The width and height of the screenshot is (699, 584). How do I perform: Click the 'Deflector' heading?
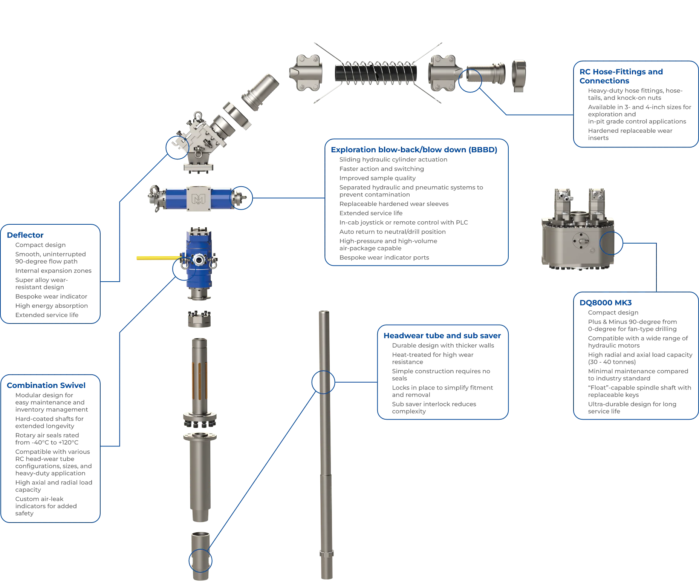(x=25, y=235)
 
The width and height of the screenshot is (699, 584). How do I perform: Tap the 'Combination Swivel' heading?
(x=46, y=385)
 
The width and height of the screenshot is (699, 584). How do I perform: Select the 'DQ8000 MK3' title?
(x=606, y=303)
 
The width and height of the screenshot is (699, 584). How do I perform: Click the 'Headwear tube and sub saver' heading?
(x=442, y=336)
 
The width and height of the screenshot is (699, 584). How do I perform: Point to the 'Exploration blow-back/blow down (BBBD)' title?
(x=414, y=150)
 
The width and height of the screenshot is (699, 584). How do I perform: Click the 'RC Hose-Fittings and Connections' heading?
(x=621, y=76)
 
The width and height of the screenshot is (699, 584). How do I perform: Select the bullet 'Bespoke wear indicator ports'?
(x=384, y=258)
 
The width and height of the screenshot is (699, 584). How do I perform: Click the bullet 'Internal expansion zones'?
(x=53, y=271)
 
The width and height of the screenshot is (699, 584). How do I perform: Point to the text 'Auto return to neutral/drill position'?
(x=392, y=232)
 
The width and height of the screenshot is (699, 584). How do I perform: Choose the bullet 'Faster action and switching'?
(x=381, y=169)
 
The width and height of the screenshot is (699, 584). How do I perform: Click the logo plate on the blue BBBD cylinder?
(x=199, y=198)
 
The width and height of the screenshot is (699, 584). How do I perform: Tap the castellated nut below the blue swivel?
(x=199, y=319)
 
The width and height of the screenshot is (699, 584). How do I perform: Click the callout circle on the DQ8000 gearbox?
(x=611, y=243)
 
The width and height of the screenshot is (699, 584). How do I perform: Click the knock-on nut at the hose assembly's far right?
(x=519, y=76)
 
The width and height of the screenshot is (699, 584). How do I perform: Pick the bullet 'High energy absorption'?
(x=51, y=306)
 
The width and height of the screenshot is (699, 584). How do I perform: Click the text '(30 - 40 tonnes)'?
(x=612, y=362)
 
